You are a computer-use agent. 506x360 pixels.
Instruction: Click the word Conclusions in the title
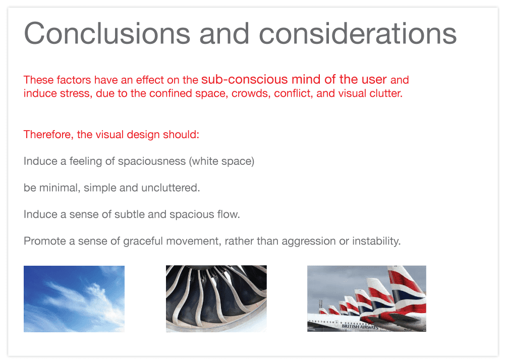pos(107,33)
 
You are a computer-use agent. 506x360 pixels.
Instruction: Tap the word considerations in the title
pos(358,33)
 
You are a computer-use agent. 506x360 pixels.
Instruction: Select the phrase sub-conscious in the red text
pos(244,79)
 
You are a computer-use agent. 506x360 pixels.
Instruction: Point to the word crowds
pos(251,94)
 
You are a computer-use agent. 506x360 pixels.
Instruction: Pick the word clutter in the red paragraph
pos(386,94)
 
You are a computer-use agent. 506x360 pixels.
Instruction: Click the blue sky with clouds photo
pos(74,298)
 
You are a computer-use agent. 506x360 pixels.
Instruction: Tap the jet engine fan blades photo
pos(216,298)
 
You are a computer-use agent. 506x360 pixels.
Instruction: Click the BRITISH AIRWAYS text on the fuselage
pos(360,326)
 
